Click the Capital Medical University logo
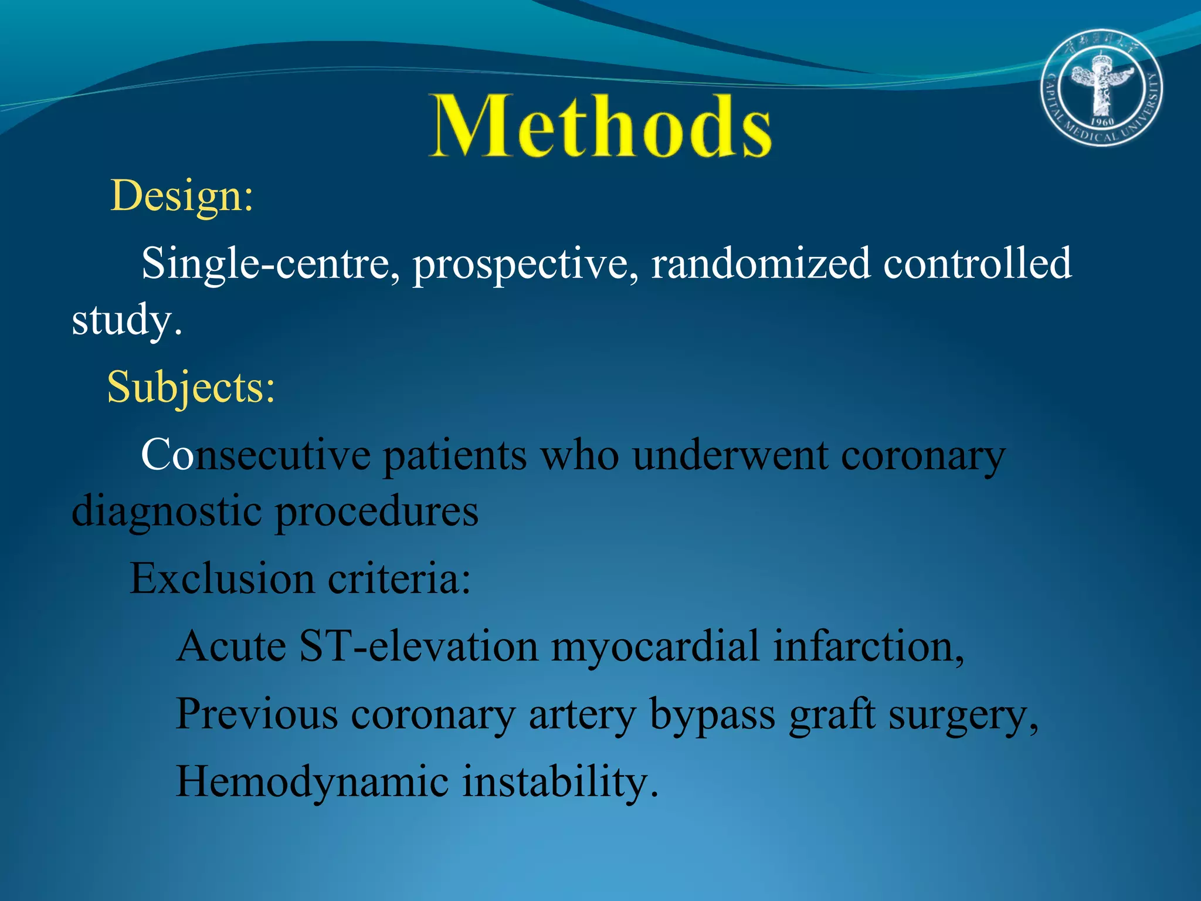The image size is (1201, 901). point(1102,88)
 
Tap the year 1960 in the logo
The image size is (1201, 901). point(1102,121)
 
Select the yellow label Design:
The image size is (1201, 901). point(182,197)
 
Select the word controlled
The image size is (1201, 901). point(977,264)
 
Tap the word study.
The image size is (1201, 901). point(126,321)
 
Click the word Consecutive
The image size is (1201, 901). point(256,456)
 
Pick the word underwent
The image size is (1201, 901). point(730,456)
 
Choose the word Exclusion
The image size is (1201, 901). point(222,580)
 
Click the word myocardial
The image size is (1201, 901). point(655,647)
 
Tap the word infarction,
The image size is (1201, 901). point(868,647)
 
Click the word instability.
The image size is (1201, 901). point(560,783)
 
